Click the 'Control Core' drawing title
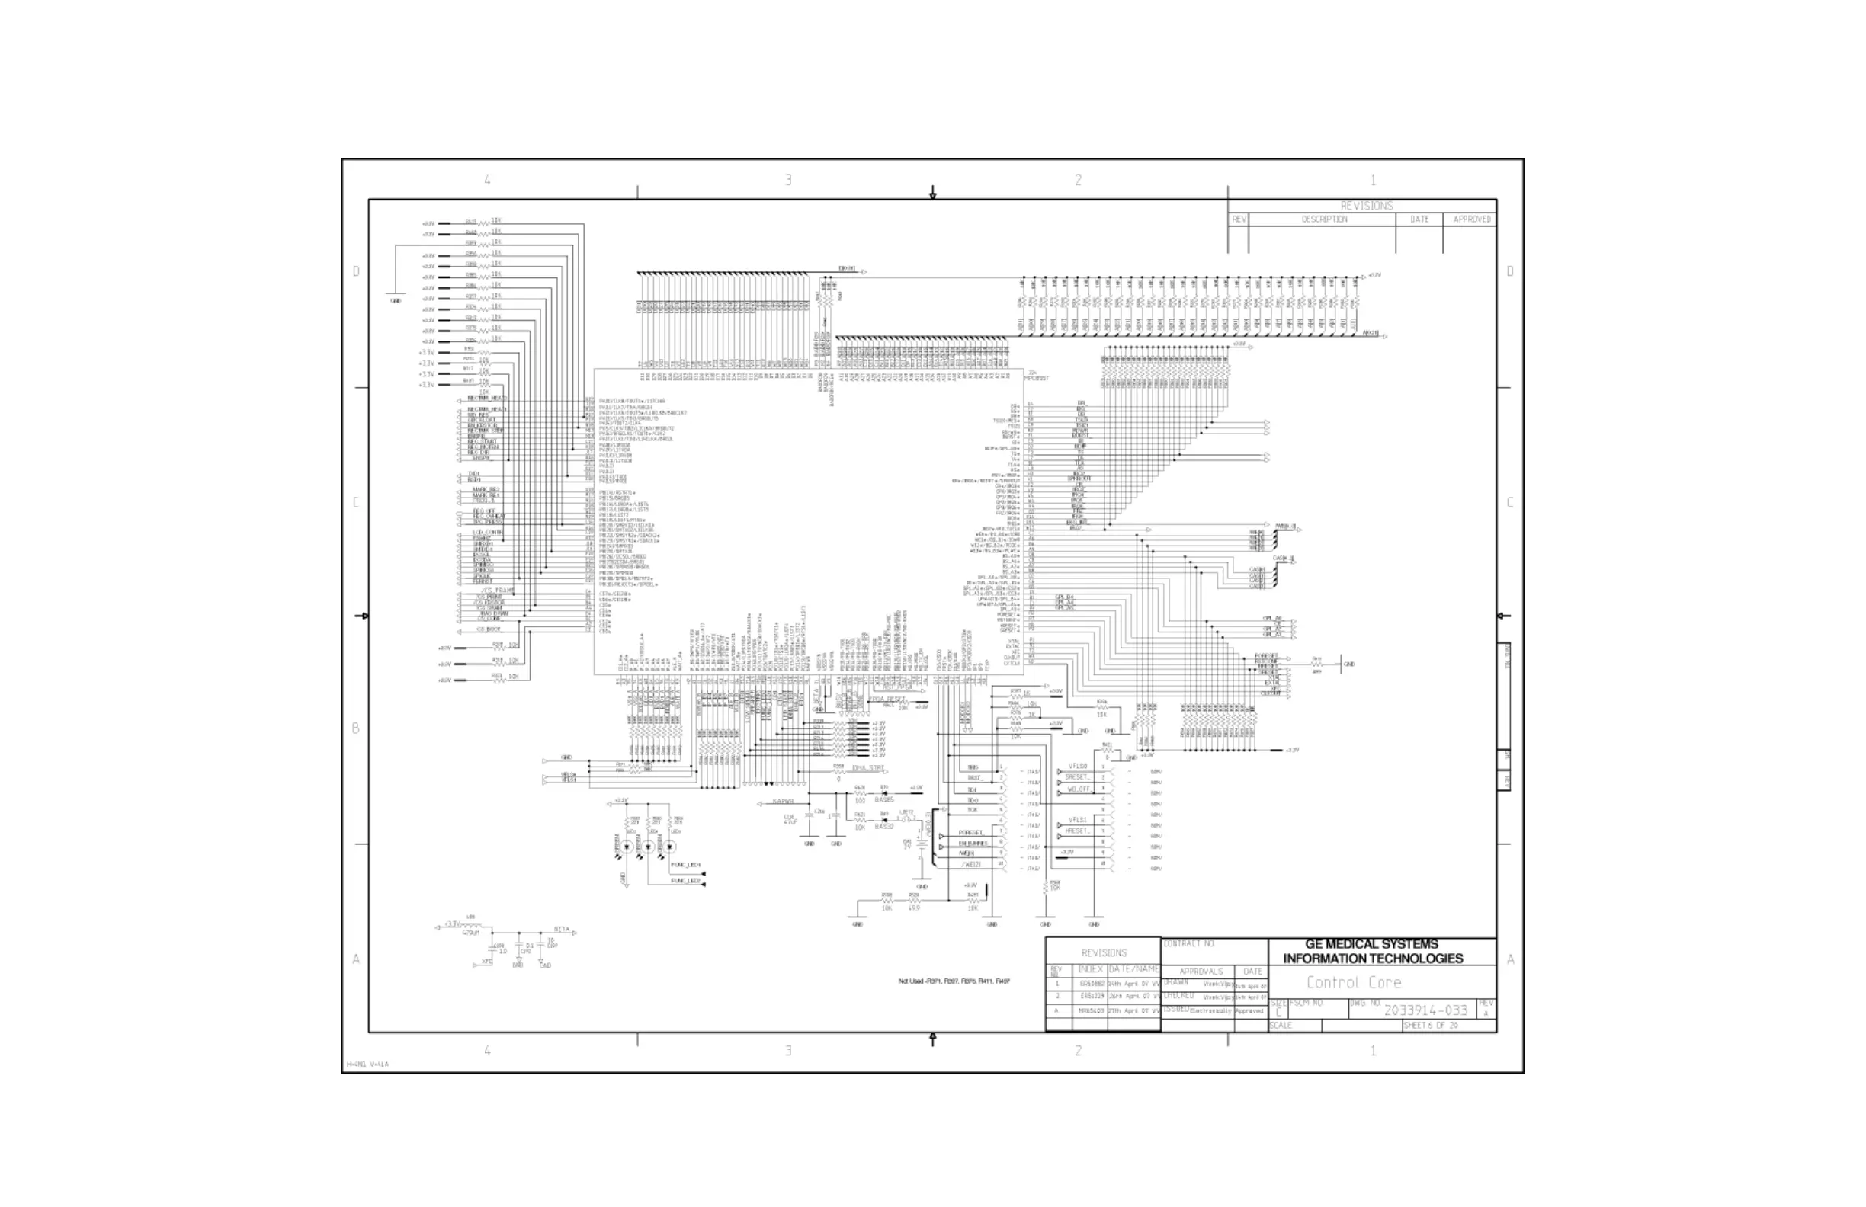point(1353,982)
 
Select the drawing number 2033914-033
point(1425,1010)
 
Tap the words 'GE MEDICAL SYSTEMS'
point(1371,944)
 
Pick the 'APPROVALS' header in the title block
point(1201,971)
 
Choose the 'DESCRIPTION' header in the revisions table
point(1324,219)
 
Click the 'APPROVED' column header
point(1472,219)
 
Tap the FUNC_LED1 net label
point(685,865)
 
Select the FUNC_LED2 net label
point(685,881)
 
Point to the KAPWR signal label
point(784,802)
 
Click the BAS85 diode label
point(883,800)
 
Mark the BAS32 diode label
point(883,827)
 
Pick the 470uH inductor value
point(470,933)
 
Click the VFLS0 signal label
point(1078,767)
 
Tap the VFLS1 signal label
point(1078,820)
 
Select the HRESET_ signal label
point(1077,831)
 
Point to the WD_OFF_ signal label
point(1078,789)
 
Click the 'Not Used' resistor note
point(954,981)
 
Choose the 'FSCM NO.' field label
point(1307,1004)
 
